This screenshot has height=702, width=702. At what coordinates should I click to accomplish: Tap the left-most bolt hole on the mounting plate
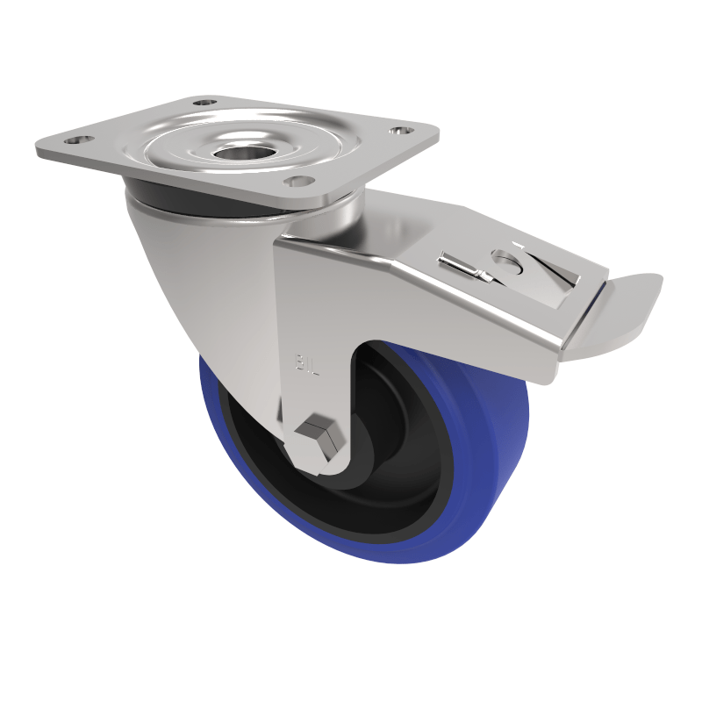(79, 140)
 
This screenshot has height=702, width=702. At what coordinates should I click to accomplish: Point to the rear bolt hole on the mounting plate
(205, 103)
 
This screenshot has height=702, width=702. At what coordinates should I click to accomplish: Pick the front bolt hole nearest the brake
(298, 182)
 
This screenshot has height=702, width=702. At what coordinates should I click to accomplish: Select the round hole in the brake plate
(506, 259)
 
